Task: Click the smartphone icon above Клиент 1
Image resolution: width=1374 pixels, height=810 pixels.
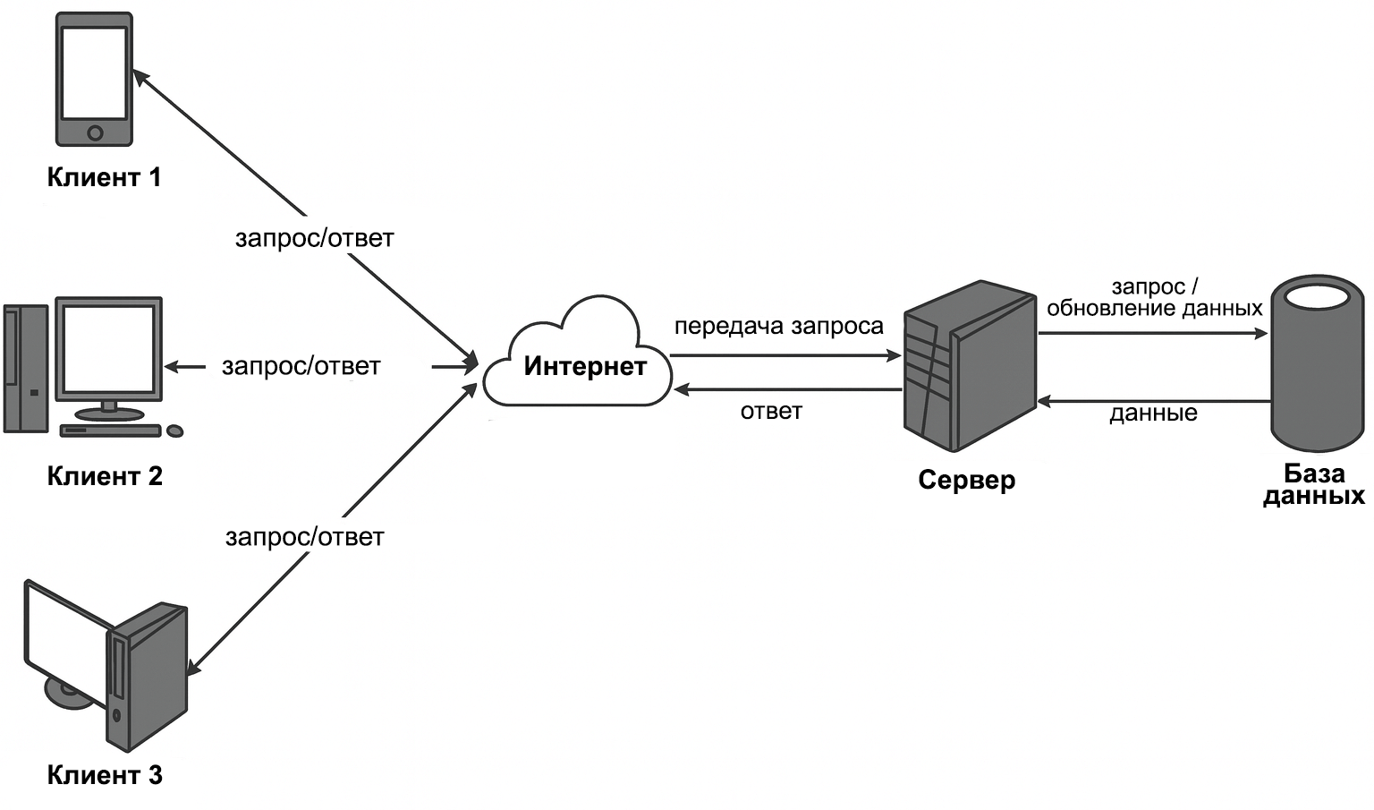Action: (94, 79)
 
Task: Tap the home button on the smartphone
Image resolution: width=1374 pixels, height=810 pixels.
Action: (95, 133)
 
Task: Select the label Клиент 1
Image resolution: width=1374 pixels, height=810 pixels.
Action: (104, 177)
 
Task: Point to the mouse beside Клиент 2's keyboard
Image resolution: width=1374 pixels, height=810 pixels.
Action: (175, 431)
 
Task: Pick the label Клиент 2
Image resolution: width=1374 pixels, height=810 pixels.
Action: (105, 476)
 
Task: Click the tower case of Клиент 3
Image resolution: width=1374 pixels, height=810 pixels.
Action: (148, 677)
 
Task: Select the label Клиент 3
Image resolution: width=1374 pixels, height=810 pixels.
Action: (105, 775)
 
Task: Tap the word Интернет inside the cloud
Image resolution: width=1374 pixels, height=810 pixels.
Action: (585, 366)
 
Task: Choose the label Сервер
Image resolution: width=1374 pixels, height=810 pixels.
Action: (967, 480)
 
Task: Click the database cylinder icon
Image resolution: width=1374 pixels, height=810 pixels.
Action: (1317, 362)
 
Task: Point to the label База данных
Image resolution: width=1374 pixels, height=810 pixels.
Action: (1313, 484)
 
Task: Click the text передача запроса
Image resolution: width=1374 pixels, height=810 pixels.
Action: (778, 327)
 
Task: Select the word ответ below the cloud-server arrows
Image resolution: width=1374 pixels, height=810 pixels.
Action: (771, 412)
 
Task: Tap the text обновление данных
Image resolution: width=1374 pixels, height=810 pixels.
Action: (1154, 309)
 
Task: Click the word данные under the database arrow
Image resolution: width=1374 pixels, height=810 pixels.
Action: (1153, 414)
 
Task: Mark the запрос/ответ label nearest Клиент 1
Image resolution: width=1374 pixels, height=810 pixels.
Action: (314, 238)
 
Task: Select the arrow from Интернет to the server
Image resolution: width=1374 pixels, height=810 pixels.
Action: (785, 356)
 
